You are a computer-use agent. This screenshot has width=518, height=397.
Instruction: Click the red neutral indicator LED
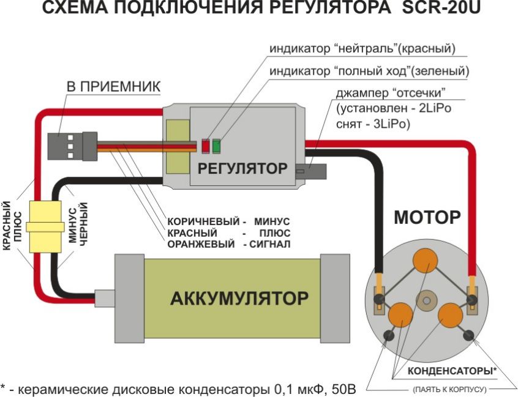coord(206,146)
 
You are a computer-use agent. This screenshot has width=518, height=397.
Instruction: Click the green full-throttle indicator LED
coord(217,146)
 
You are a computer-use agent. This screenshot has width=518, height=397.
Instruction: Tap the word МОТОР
coord(427,217)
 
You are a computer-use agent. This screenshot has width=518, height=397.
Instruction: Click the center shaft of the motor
coord(425,300)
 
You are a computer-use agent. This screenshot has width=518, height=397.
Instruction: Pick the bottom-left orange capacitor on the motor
coord(399,314)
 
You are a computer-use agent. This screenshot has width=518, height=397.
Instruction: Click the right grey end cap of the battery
coord(336,299)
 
